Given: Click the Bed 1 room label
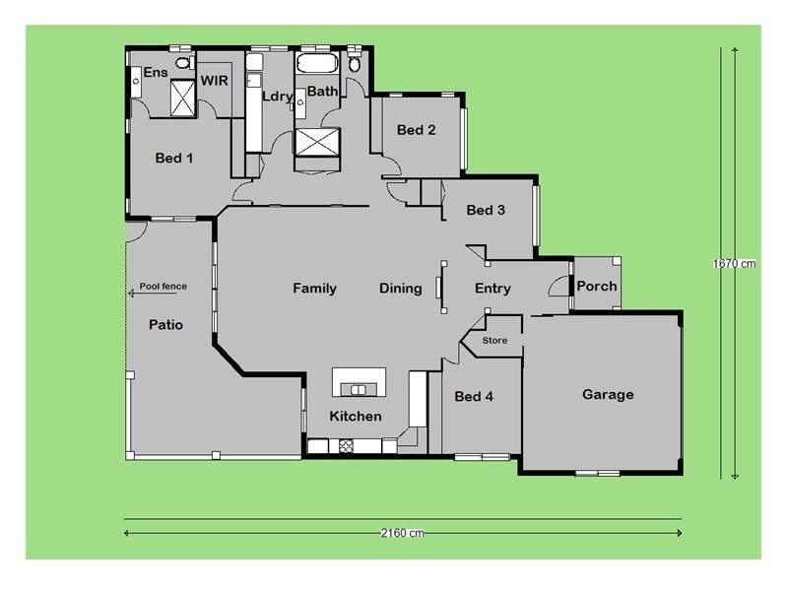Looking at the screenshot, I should [x=174, y=158].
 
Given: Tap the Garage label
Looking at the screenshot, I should [x=608, y=394].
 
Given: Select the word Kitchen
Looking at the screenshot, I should [x=355, y=416].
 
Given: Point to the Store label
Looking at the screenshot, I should [x=494, y=341].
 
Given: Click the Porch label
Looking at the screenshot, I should [x=596, y=287].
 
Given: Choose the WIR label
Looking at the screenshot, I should [x=215, y=80].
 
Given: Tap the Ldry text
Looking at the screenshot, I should [x=278, y=96].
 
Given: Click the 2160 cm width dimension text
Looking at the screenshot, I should [x=402, y=533].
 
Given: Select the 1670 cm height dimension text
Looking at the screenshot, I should [x=734, y=263].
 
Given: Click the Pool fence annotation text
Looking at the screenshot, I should [x=163, y=287].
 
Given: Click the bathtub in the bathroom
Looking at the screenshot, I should [x=316, y=65].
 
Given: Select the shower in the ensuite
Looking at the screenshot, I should [x=183, y=98].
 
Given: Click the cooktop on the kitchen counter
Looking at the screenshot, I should [x=346, y=446].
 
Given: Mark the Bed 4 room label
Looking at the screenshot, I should [x=474, y=397].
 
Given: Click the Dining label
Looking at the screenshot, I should [x=401, y=289].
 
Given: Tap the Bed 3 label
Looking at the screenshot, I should [x=486, y=210].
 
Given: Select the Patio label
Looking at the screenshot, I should [x=165, y=324].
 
